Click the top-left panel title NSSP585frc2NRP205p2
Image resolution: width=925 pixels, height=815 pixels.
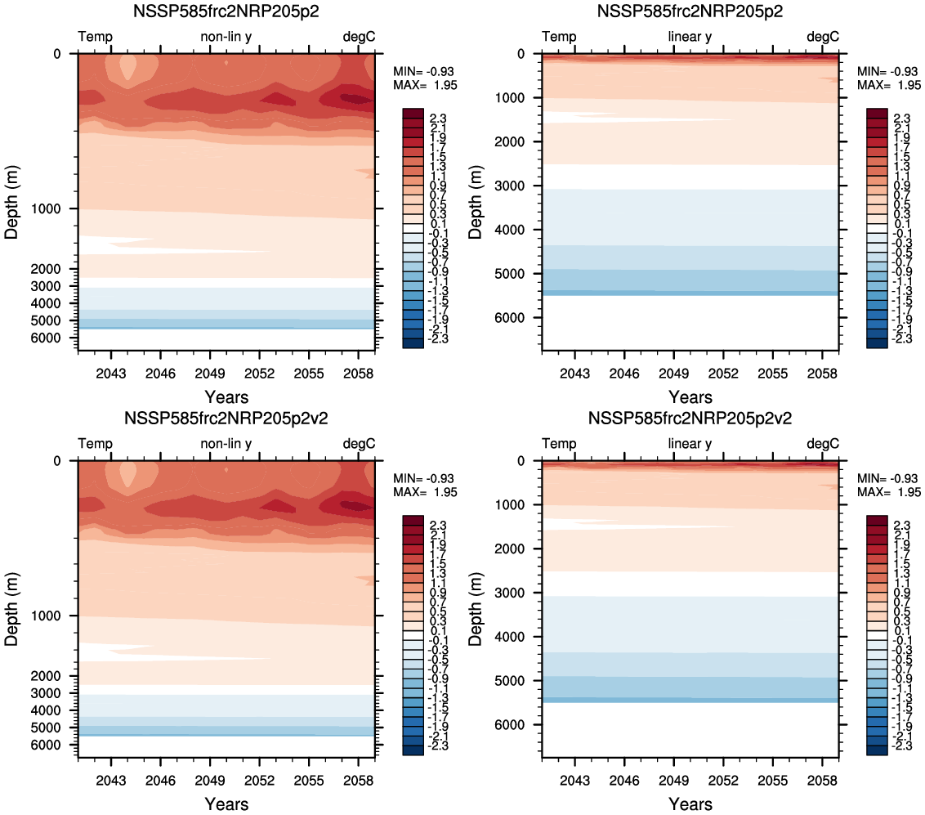pyautogui.click(x=226, y=12)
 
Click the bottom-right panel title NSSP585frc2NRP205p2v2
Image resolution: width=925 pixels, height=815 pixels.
pyautogui.click(x=690, y=419)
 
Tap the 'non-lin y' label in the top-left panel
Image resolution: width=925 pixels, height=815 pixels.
pyautogui.click(x=226, y=37)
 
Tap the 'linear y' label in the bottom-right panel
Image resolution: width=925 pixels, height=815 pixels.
pyautogui.click(x=690, y=443)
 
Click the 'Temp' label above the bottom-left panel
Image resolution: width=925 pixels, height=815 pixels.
pyautogui.click(x=96, y=443)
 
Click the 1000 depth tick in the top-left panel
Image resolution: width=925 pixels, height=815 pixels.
pyautogui.click(x=56, y=209)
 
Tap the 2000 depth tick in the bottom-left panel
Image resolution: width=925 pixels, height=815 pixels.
pyautogui.click(x=56, y=675)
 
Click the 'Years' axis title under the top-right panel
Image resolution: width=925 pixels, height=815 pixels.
pyautogui.click(x=690, y=397)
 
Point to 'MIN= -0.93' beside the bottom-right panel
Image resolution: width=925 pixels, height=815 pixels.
pyautogui.click(x=889, y=478)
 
